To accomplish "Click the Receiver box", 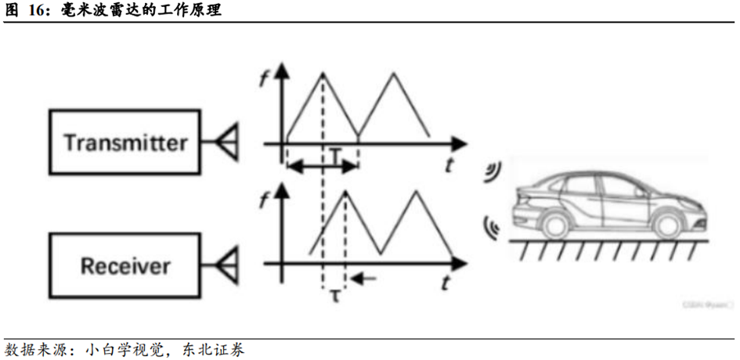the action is [x=125, y=265].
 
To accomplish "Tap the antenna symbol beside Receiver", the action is [x=228, y=265].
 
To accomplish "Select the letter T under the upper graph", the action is [x=334, y=157].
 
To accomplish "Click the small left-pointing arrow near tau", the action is [x=364, y=277].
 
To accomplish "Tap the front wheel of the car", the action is [x=555, y=224].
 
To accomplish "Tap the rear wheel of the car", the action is [x=666, y=224].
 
